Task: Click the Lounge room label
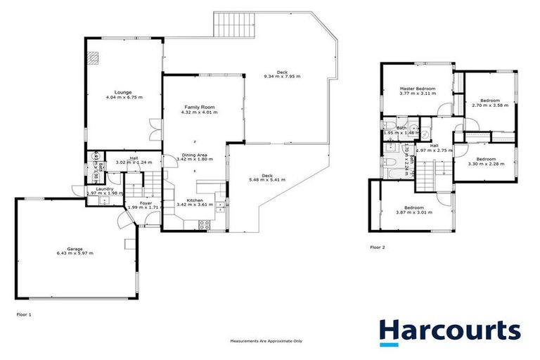[123, 91]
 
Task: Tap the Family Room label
[198, 107]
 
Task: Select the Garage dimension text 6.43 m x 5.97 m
[75, 252]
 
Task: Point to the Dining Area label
[194, 155]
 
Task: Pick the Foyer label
[146, 202]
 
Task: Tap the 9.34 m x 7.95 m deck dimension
[282, 76]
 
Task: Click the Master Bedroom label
[418, 88]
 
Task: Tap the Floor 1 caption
[25, 314]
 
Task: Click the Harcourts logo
[449, 330]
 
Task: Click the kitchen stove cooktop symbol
[205, 225]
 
